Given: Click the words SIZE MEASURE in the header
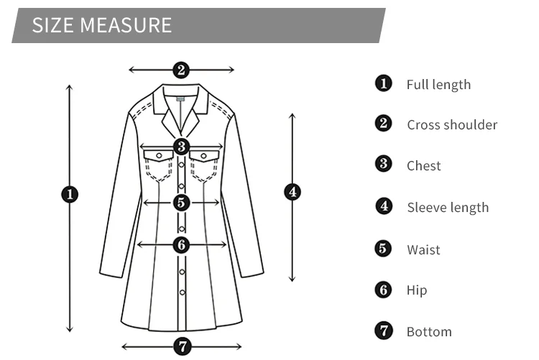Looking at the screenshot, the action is click(102, 25).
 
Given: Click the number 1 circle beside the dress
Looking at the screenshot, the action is click(70, 194).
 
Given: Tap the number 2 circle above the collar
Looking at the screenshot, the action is click(181, 70).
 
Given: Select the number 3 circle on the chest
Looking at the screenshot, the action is click(181, 147).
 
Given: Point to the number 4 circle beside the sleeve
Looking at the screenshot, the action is click(292, 192).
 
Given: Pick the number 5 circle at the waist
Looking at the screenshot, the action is click(181, 203).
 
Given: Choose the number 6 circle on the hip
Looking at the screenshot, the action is click(181, 244).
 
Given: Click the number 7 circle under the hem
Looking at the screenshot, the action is click(183, 346).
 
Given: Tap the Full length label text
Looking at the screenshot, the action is click(438, 85).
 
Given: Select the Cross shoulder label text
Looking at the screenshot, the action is click(452, 125).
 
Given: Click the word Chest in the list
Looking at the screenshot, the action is click(423, 166).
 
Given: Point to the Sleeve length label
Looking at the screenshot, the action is click(448, 208).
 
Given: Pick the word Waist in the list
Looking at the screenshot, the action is click(423, 250).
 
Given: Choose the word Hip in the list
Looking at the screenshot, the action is click(416, 290).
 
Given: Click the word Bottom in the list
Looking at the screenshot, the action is click(429, 332).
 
